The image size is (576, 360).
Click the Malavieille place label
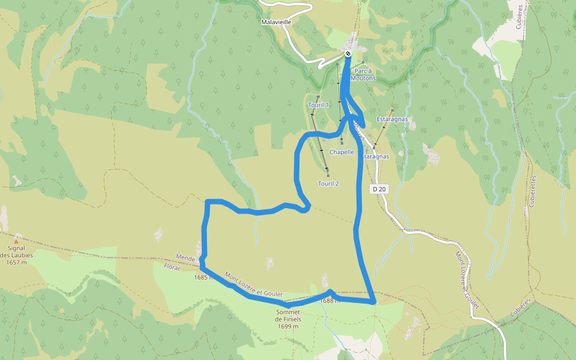coord(277,22)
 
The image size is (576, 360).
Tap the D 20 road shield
coord(379,189)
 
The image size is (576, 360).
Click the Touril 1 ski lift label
coord(319,105)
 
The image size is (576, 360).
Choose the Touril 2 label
coord(329,183)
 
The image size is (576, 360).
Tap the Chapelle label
coord(341,152)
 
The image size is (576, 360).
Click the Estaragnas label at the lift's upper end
coord(392,119)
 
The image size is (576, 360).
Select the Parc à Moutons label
coord(363,74)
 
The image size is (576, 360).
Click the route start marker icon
coord(348,54)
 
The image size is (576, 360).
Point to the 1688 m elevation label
coord(330,301)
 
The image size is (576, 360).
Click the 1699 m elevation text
coord(289,326)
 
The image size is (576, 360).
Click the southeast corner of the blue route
coord(374,302)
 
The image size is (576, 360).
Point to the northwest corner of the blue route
coord(208,202)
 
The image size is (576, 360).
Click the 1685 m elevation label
coord(204,278)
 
